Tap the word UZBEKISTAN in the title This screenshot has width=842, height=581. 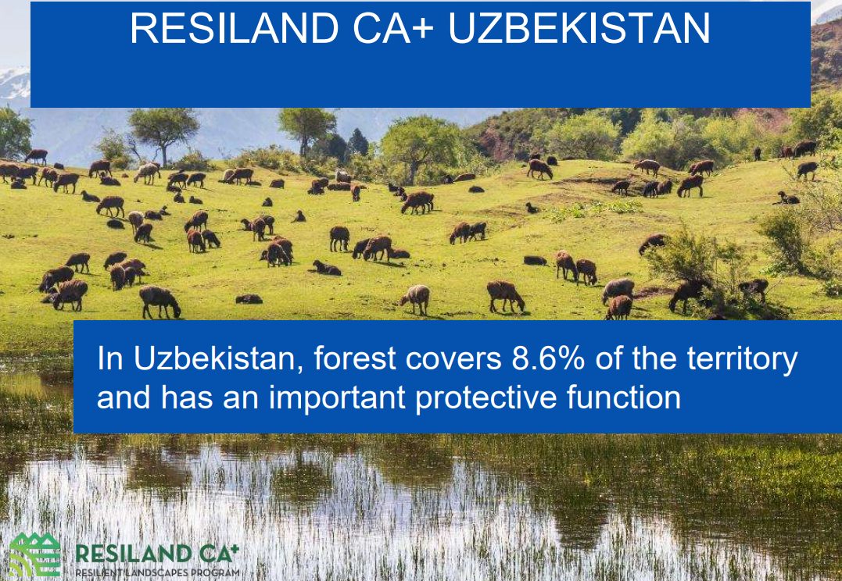click(x=580, y=28)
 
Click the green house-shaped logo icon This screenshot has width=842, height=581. click(x=34, y=555)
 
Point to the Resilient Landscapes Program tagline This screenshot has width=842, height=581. click(x=156, y=573)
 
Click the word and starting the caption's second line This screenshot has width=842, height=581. click(x=124, y=397)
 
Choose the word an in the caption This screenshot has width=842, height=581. click(x=239, y=397)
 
